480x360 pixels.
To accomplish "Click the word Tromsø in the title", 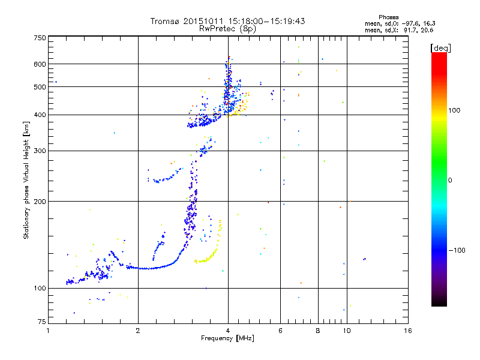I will pyautogui.click(x=166, y=21).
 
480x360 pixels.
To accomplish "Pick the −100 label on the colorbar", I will pyautogui.click(x=458, y=250).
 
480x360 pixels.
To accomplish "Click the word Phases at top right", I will pyautogui.click(x=389, y=17).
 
